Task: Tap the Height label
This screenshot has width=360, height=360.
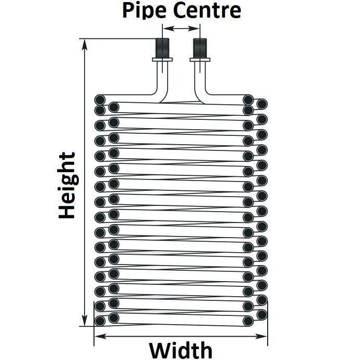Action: [x=67, y=185]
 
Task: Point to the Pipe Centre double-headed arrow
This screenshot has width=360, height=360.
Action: [x=182, y=29]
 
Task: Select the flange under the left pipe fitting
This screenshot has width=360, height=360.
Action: [x=163, y=61]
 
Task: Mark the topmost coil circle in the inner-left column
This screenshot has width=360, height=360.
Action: [x=113, y=108]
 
